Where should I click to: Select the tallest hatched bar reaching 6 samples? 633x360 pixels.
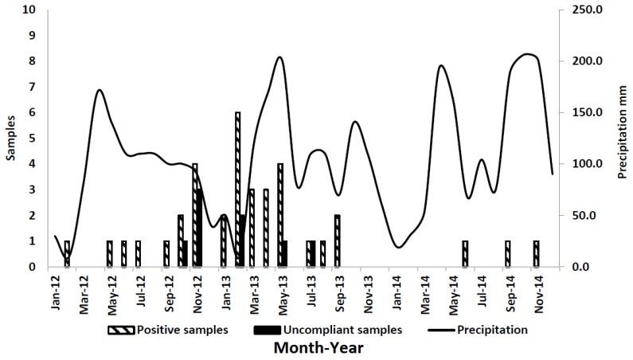point(237,190)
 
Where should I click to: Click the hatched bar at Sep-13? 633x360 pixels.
point(338,241)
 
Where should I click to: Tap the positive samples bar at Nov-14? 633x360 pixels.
point(536,253)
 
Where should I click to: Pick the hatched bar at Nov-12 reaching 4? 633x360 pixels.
point(194,215)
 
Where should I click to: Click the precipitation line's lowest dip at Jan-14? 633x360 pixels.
point(399,247)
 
